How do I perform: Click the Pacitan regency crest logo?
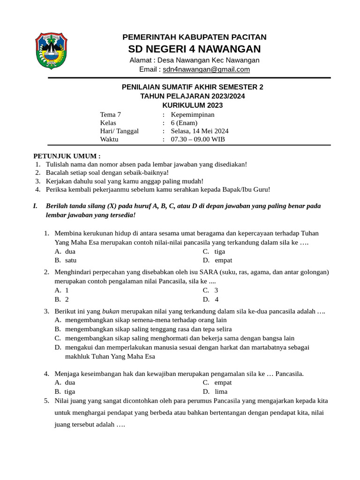tap(52, 51)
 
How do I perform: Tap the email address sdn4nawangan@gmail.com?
tap(206, 69)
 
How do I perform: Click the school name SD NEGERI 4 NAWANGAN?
tap(194, 49)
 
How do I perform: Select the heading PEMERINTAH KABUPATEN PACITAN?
tap(194, 37)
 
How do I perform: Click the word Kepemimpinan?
tap(193, 114)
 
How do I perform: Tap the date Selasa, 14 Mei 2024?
tap(200, 131)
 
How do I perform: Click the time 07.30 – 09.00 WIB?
tap(198, 139)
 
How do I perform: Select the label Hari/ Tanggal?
tap(119, 131)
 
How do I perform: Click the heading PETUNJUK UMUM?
tap(67, 156)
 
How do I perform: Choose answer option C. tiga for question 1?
tap(214, 251)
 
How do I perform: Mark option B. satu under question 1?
tap(66, 260)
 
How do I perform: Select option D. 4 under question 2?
tap(211, 300)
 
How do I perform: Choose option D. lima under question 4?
tap(215, 391)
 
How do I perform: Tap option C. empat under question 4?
tap(217, 382)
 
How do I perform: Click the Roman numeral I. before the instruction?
tap(35, 206)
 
